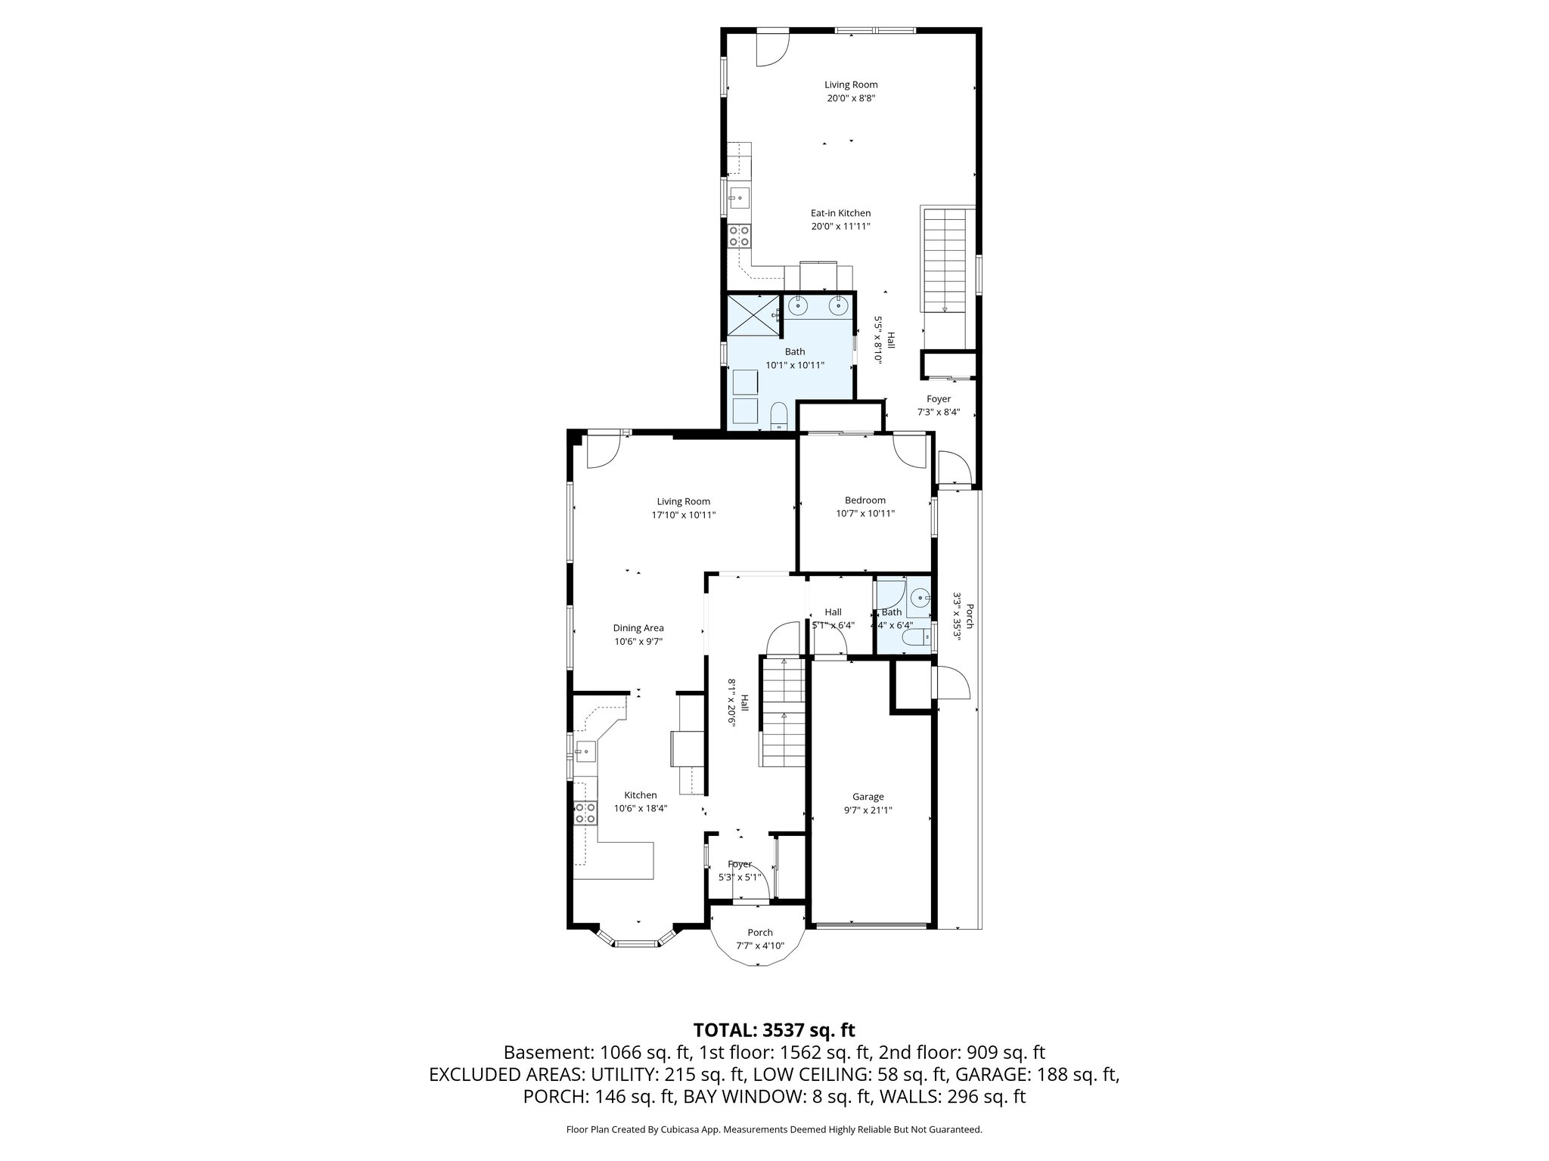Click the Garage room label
868,797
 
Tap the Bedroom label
865,500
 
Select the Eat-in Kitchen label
840,213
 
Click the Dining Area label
638,628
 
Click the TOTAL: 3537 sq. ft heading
774,1030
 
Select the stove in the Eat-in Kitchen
210,237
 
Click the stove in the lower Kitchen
584,813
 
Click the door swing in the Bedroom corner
911,451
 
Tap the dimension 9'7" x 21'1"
868,810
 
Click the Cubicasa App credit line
774,1130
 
